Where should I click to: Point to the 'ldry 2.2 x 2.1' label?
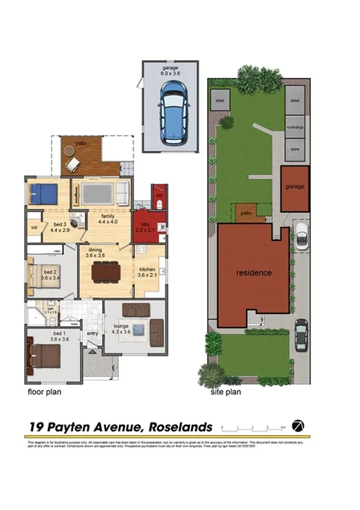(x=146, y=227)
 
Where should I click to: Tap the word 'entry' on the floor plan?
(x=92, y=333)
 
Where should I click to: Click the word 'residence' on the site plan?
(x=253, y=272)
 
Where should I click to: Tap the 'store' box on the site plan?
(x=295, y=148)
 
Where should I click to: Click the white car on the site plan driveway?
(x=301, y=235)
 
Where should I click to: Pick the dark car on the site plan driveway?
(x=301, y=330)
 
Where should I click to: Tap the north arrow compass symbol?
(x=298, y=425)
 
